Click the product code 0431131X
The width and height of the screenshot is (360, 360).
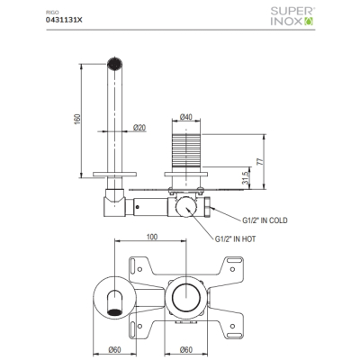point(64,20)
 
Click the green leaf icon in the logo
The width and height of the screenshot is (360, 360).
point(309,22)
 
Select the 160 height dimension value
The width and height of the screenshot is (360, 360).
point(77,120)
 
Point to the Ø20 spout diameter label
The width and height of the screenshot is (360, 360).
point(139,128)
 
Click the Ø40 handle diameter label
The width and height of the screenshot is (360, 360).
point(185,117)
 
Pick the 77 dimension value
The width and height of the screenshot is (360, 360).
point(260,161)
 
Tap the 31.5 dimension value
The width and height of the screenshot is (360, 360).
point(246,177)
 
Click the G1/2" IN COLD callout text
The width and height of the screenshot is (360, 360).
point(265,220)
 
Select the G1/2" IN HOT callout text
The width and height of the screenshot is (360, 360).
point(236,239)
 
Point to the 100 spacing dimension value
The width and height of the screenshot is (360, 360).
point(152,237)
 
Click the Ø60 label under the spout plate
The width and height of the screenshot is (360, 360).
point(114,350)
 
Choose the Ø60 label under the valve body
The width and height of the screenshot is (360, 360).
point(186,350)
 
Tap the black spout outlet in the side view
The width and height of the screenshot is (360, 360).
point(114,63)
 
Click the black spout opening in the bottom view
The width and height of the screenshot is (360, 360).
point(114,312)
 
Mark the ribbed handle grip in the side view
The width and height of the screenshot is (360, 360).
point(186,150)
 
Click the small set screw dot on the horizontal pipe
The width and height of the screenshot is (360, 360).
point(138,207)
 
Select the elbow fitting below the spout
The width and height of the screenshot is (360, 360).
point(114,202)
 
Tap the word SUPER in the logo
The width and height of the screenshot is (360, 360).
point(292,12)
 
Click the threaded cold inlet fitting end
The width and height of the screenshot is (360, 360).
point(208,207)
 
